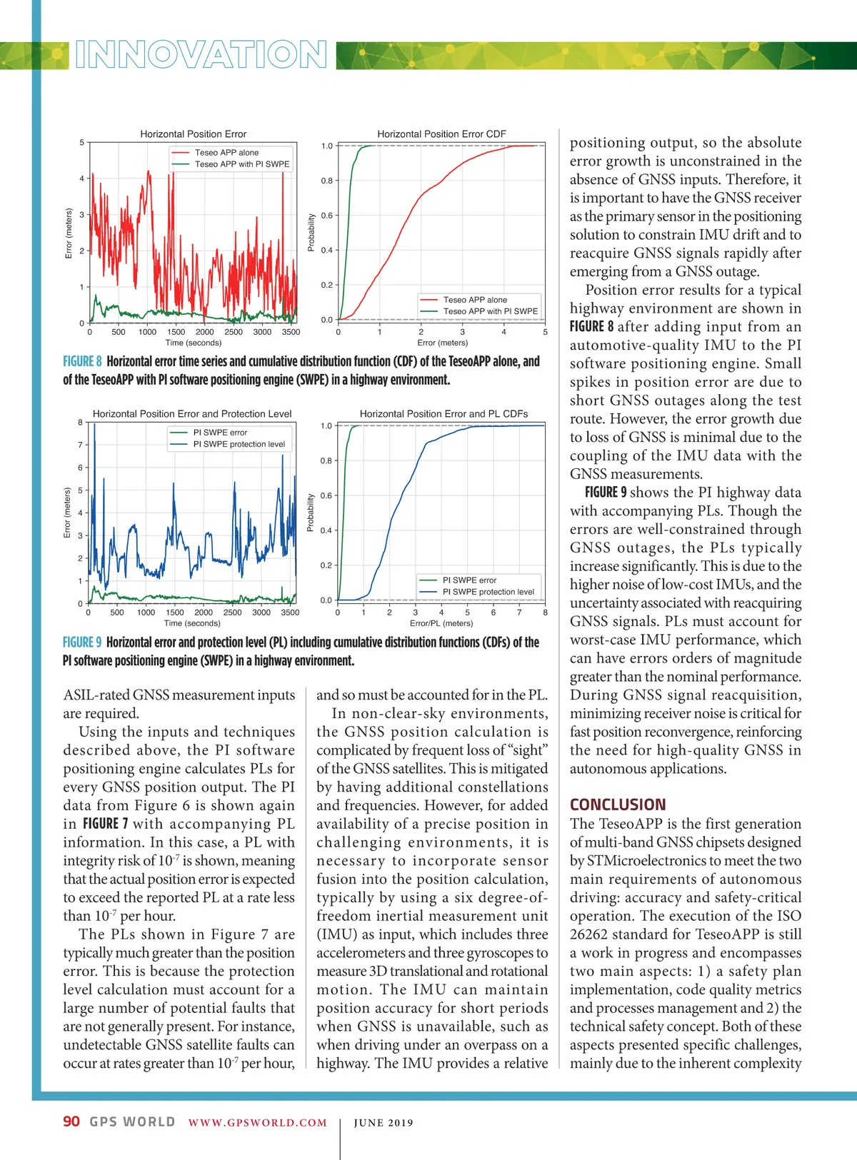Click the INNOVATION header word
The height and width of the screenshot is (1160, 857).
click(x=201, y=55)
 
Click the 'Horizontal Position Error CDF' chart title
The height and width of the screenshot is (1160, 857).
click(x=441, y=134)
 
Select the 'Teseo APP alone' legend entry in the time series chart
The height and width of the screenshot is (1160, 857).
click(x=226, y=153)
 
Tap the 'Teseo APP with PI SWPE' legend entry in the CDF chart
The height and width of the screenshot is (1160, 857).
click(x=490, y=311)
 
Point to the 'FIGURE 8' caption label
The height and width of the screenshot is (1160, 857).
click(x=82, y=362)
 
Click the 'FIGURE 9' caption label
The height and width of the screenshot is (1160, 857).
click(x=82, y=642)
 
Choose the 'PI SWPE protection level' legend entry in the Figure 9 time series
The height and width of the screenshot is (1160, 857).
click(x=239, y=444)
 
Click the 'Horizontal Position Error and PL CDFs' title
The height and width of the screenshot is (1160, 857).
click(x=443, y=414)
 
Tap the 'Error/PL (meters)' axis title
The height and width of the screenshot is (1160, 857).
click(x=441, y=623)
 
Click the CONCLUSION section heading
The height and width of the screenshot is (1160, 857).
click(x=618, y=805)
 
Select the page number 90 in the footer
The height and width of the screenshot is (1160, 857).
click(x=71, y=1121)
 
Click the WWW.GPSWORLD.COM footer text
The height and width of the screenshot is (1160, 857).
click(x=257, y=1123)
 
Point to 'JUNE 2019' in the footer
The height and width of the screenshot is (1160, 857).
click(x=384, y=1123)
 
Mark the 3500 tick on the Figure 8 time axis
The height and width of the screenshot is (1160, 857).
click(x=291, y=332)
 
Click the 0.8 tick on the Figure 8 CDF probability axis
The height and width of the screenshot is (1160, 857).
click(x=326, y=181)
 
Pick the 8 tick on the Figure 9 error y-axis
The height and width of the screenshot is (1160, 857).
click(x=80, y=423)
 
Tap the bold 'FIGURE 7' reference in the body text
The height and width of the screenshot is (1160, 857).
click(x=106, y=824)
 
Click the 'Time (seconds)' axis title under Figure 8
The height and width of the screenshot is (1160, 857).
click(x=193, y=343)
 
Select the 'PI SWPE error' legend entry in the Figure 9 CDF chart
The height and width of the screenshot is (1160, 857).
click(x=469, y=580)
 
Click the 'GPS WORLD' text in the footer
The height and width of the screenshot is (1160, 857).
click(x=132, y=1121)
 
